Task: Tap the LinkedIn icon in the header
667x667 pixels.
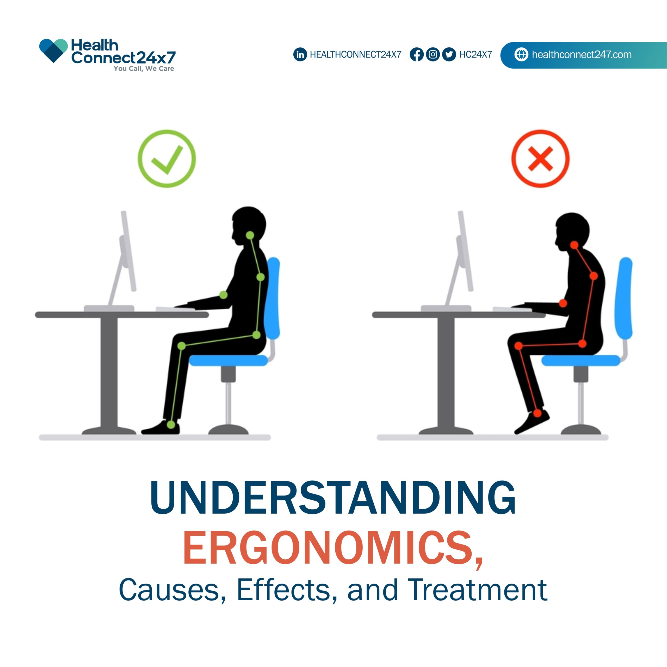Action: (x=300, y=54)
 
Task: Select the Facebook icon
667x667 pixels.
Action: (x=417, y=54)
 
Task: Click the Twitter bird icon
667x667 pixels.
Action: (x=449, y=54)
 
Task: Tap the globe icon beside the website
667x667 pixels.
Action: (x=521, y=54)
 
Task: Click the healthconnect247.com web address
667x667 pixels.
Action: (x=582, y=54)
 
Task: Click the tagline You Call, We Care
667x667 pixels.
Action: (x=144, y=69)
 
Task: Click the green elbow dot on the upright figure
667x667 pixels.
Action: (x=223, y=295)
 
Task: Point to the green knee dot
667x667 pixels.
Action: (x=182, y=345)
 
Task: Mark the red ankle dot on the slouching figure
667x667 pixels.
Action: (x=537, y=413)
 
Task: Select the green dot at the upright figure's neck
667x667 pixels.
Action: (x=250, y=236)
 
